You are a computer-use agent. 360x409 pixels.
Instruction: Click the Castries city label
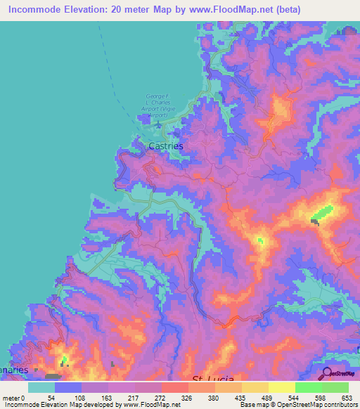click(166, 146)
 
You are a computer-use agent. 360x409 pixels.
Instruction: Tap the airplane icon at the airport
click(159, 127)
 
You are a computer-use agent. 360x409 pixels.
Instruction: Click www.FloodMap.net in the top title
click(225, 10)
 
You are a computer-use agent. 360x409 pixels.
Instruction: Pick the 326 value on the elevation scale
click(187, 397)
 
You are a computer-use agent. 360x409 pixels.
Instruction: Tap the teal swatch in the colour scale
click(41, 387)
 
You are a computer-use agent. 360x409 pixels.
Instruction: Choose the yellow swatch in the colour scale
click(281, 387)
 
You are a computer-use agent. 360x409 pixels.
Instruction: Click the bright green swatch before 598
click(308, 387)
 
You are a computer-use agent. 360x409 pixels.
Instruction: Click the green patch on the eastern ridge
click(323, 212)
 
